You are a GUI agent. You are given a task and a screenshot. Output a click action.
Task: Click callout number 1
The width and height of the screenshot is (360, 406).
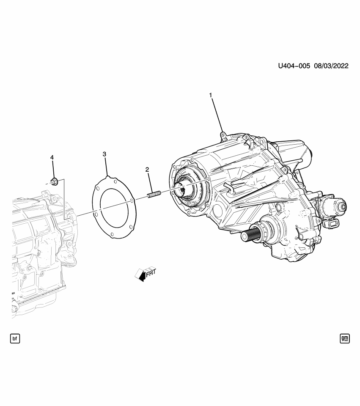[x=211, y=95]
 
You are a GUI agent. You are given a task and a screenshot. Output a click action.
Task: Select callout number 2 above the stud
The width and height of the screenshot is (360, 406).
[x=147, y=170]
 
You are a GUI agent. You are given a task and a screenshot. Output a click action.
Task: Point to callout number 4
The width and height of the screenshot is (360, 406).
[x=52, y=157]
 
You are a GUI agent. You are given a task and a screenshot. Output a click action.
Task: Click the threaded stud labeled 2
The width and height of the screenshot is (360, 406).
[x=154, y=195]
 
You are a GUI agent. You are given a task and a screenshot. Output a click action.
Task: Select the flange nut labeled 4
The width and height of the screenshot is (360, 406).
[x=54, y=182]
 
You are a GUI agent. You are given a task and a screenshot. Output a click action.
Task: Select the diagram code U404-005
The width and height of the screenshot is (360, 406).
[x=294, y=66]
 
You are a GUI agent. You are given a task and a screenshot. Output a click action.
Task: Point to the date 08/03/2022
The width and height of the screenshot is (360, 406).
[x=331, y=66]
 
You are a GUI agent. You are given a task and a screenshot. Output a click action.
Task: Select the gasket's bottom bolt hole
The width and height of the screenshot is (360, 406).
[x=111, y=235]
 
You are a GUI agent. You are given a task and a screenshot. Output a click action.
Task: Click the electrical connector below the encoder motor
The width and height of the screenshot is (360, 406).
[x=332, y=224]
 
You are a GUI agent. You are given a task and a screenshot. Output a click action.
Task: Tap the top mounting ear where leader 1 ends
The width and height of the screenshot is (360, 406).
[x=223, y=135]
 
